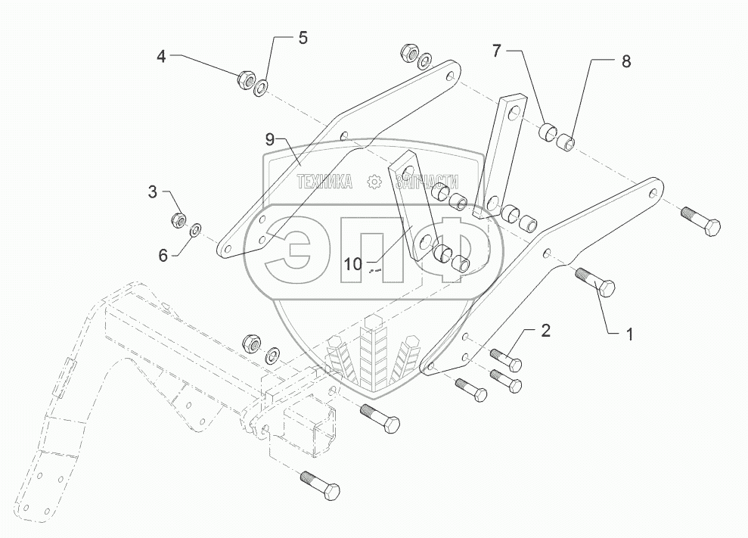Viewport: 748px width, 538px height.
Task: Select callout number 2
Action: [545, 331]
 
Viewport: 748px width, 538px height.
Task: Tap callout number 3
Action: [153, 192]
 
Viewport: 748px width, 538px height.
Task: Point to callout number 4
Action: [161, 56]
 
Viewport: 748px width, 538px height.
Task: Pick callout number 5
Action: [302, 39]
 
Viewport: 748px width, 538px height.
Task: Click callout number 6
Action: [163, 256]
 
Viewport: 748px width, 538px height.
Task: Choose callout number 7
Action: [496, 51]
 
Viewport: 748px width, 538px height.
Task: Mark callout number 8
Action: [625, 62]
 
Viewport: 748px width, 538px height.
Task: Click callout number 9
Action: [270, 139]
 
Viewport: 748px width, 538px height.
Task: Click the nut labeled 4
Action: [245, 78]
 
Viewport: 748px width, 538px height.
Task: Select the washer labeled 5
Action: [261, 88]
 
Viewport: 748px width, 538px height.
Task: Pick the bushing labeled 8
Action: [564, 141]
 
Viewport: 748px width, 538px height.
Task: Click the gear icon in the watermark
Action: [373, 182]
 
